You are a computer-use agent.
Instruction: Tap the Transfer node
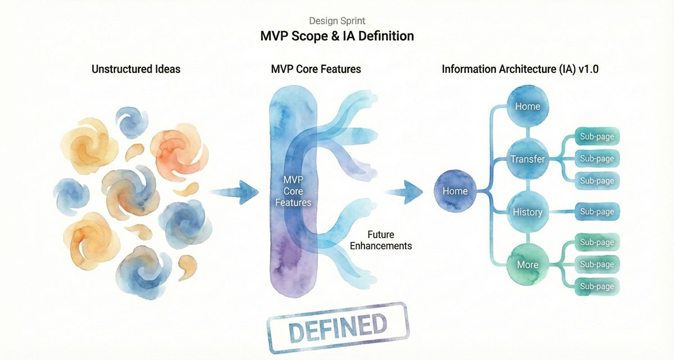(527, 159)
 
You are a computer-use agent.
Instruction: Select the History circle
(527, 212)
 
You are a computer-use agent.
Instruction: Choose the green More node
(527, 265)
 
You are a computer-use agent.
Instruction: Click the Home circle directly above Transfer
(527, 106)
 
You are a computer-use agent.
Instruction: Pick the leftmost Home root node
(455, 191)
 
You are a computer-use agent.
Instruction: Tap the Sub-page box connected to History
(597, 212)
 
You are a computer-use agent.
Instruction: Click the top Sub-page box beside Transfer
(597, 136)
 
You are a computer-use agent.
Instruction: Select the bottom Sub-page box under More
(597, 286)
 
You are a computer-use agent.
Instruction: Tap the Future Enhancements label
(381, 240)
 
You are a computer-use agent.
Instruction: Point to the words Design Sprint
(337, 21)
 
